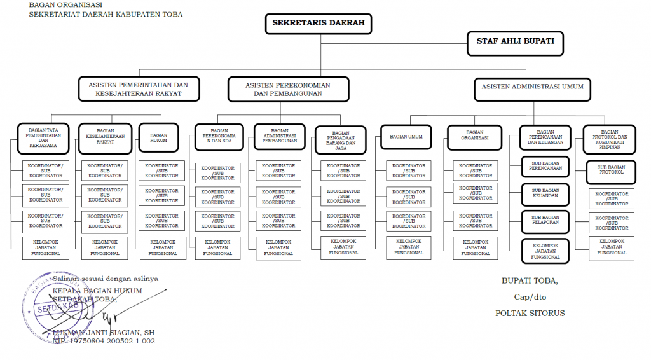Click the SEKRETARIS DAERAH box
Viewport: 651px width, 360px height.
[x=319, y=24]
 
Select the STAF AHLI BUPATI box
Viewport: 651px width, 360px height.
[x=515, y=41]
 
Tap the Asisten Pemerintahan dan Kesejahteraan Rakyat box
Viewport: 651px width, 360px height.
[x=138, y=89]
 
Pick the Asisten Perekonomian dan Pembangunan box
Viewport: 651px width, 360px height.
[x=288, y=89]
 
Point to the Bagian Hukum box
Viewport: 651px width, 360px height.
[x=158, y=135]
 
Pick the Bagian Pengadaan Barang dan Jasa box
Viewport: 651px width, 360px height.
[x=341, y=139]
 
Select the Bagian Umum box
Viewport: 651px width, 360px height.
[x=406, y=136]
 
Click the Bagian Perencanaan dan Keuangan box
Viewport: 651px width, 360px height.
[x=545, y=137]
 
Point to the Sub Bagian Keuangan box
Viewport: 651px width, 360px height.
[x=545, y=193]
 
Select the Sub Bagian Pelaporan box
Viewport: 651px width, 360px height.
[x=545, y=220]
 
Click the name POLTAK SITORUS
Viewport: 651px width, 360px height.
[x=530, y=313]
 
